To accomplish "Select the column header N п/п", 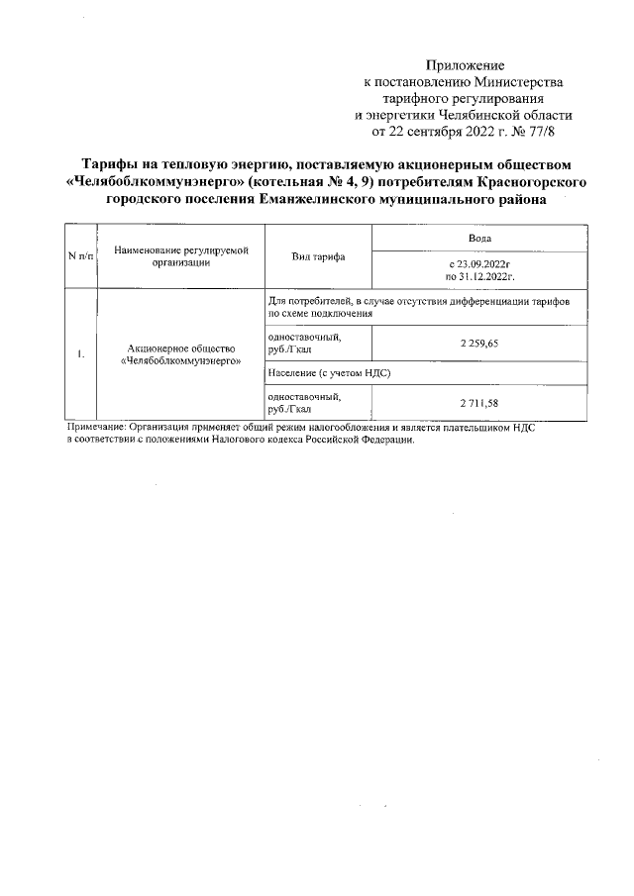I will click(x=80, y=255).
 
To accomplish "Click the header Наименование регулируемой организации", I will click(x=180, y=255).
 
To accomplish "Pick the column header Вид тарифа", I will click(x=317, y=255).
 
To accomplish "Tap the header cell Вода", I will click(x=479, y=239).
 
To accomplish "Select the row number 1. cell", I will click(x=80, y=355).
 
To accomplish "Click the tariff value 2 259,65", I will click(x=479, y=342).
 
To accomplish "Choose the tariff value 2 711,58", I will click(x=479, y=403).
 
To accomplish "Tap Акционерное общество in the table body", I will click(x=180, y=348).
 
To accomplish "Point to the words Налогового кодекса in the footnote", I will click(x=260, y=440).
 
